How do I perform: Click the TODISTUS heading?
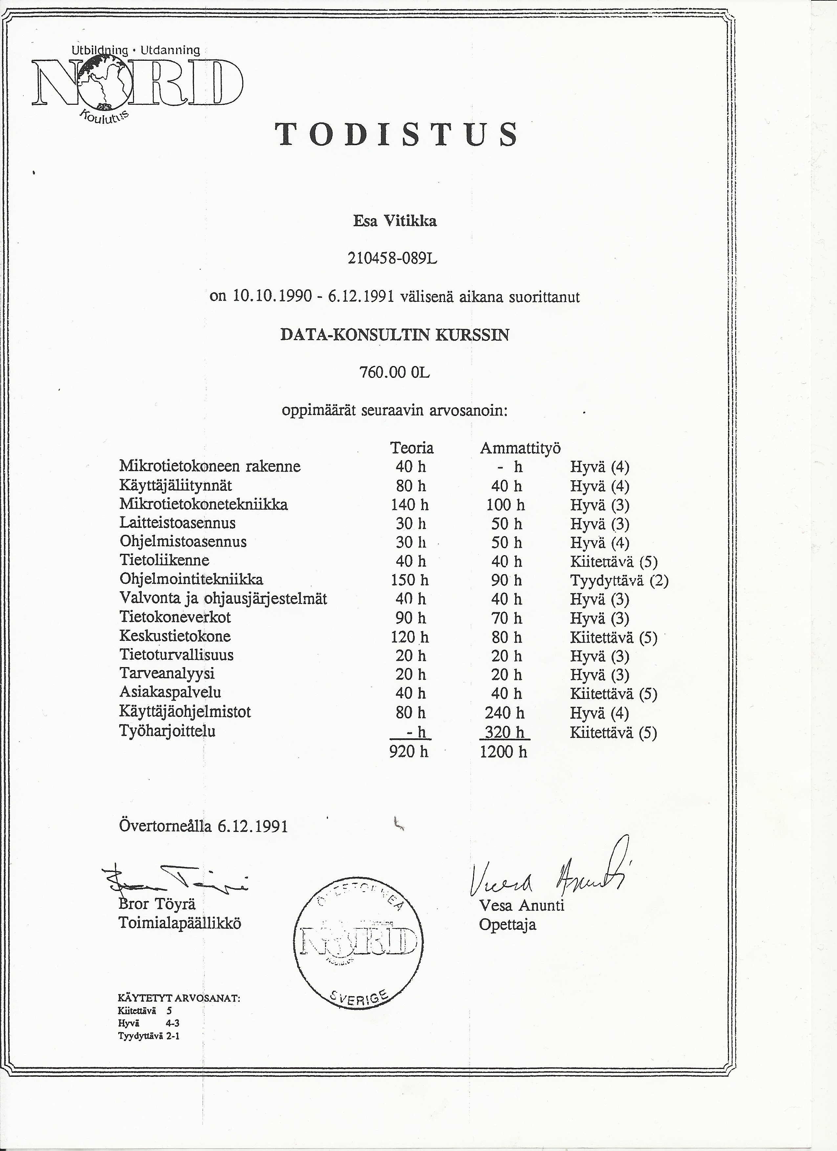pos(397,135)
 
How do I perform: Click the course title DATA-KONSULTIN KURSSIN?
pos(394,335)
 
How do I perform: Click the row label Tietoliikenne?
pos(165,560)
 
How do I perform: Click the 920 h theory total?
pos(408,751)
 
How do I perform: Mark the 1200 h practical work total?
pos(503,751)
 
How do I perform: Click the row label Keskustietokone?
pos(175,636)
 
